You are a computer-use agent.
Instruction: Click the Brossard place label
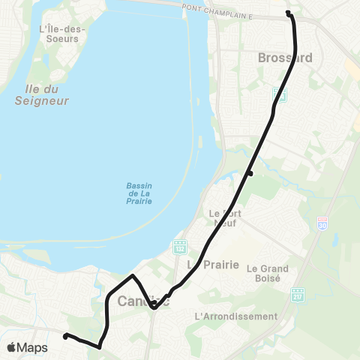283,58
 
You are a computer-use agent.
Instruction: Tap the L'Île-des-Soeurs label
62,34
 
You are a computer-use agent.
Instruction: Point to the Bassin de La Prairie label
139,194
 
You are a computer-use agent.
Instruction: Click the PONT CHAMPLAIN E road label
232,7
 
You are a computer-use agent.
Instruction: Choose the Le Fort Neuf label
223,217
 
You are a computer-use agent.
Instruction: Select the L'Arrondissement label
235,316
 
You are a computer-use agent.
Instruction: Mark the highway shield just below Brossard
280,94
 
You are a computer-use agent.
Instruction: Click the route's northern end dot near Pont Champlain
289,13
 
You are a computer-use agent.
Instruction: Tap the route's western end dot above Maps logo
66,336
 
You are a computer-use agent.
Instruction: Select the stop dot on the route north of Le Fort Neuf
250,174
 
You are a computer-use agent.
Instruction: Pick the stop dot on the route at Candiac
153,304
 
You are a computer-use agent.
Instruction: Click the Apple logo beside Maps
11,348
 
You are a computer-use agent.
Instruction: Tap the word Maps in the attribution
32,348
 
